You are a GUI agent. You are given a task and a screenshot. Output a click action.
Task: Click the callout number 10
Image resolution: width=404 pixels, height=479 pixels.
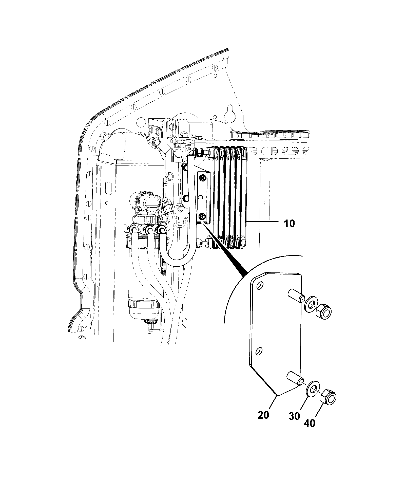point(289,224)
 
